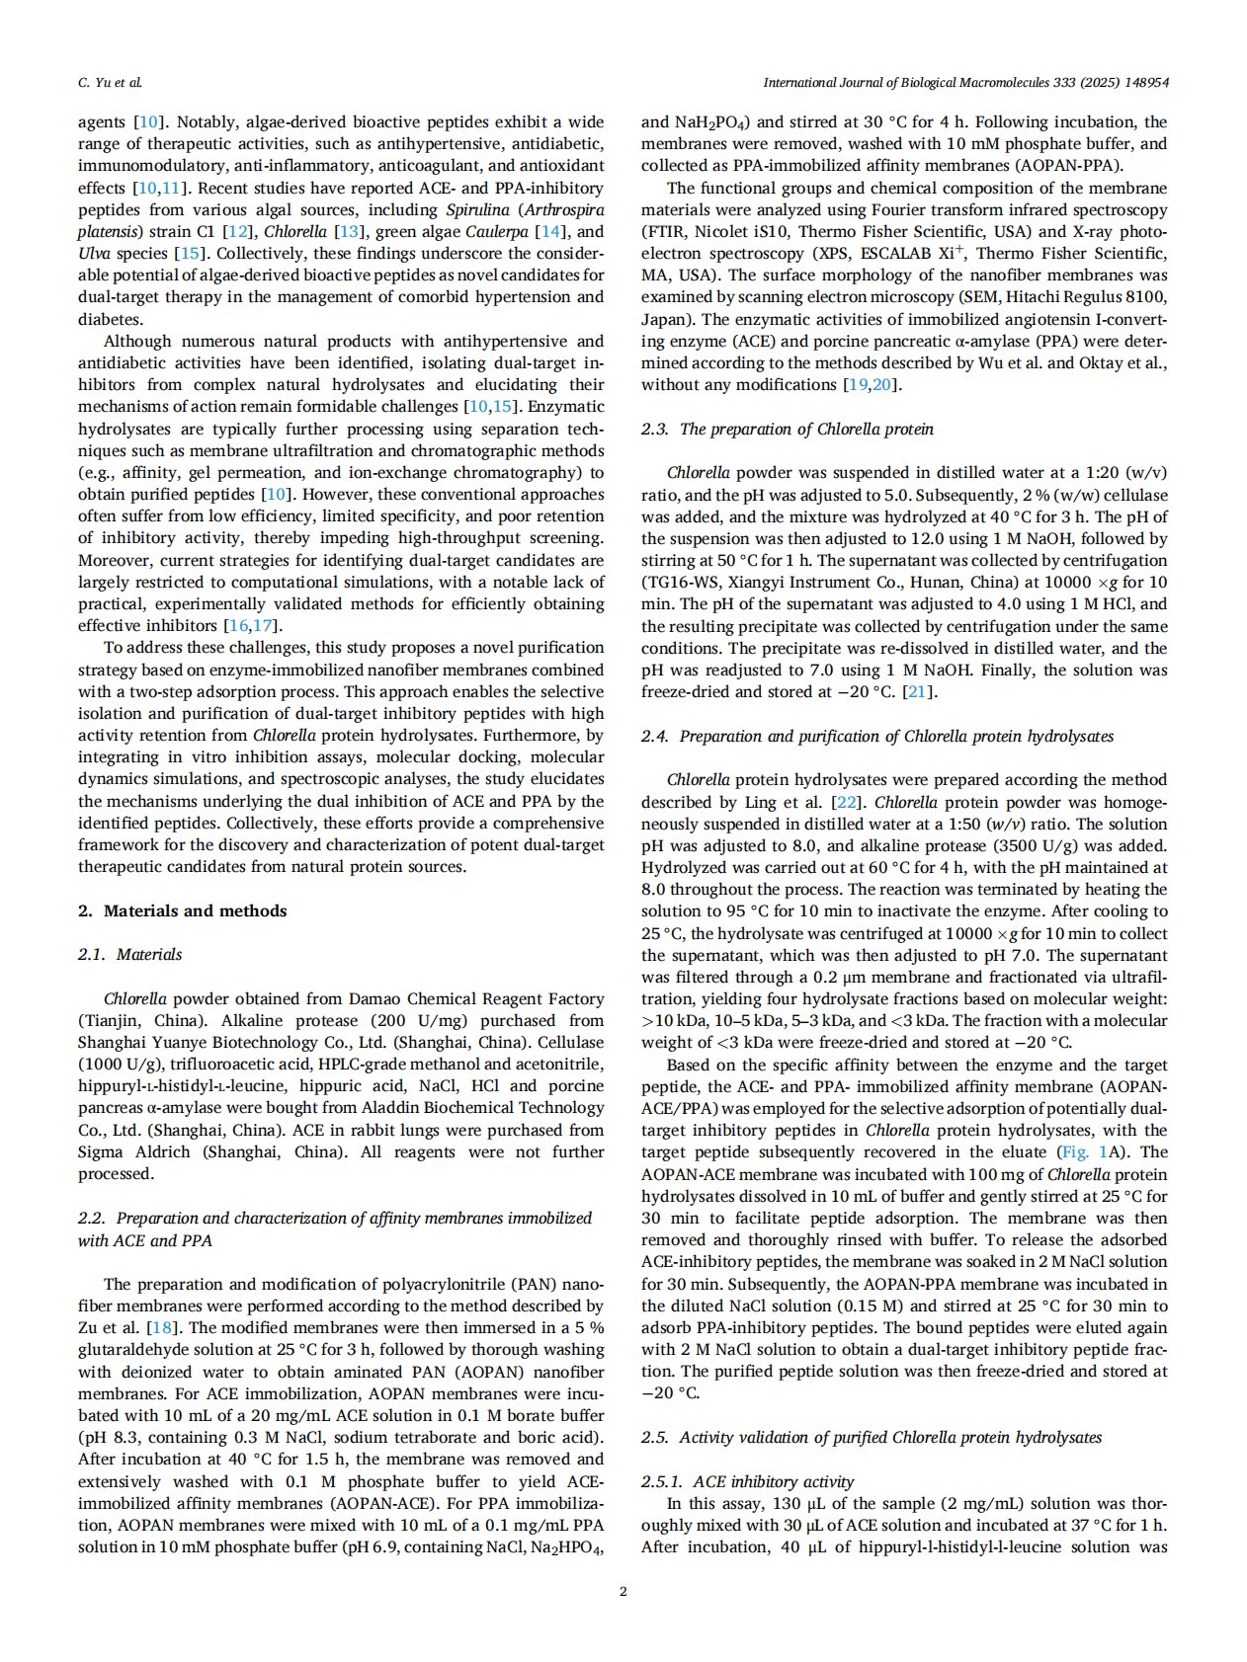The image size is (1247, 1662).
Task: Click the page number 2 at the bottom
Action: coord(623,1590)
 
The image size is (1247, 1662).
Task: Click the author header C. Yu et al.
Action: coord(110,83)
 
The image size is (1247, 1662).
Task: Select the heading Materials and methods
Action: coord(195,910)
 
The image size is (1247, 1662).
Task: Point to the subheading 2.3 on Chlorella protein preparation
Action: coord(787,429)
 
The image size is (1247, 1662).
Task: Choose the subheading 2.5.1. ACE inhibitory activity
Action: coord(747,1481)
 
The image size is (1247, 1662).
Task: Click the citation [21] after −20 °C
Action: coord(919,691)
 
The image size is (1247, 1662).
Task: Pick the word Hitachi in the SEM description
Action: coord(1026,296)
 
